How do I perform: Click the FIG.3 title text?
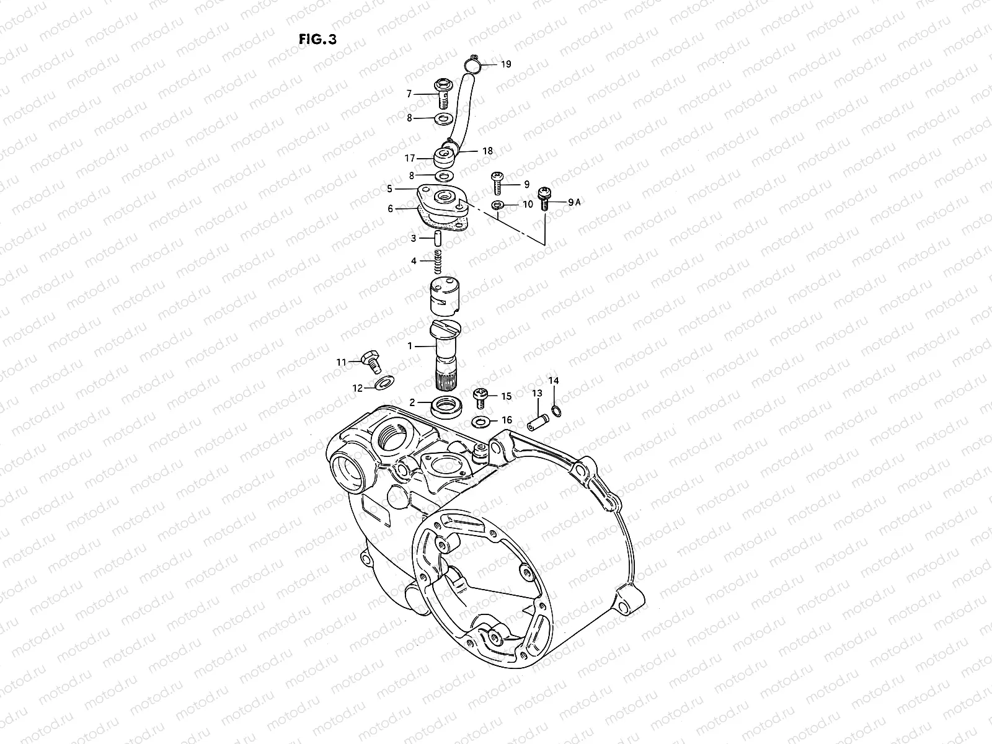(317, 39)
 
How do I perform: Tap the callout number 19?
(506, 64)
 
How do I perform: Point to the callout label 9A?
(573, 201)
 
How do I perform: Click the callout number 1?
(410, 346)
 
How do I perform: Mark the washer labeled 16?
(479, 422)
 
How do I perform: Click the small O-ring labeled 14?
(556, 410)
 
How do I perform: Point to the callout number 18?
(487, 151)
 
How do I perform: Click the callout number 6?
(391, 209)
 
